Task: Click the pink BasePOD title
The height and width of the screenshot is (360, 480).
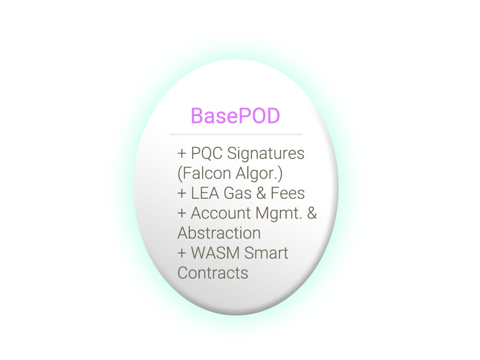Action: (x=235, y=116)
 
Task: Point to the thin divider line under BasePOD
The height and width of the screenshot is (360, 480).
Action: (x=236, y=134)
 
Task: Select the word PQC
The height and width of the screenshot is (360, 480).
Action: (x=206, y=153)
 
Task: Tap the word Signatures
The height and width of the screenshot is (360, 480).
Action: (x=265, y=154)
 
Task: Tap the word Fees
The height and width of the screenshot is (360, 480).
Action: (x=288, y=193)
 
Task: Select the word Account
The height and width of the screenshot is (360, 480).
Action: (x=221, y=213)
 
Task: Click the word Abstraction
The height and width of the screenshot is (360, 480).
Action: (x=219, y=233)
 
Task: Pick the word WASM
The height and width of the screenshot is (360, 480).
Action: (x=215, y=253)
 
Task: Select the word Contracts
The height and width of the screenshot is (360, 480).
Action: (x=213, y=273)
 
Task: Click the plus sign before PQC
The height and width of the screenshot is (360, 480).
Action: (x=182, y=154)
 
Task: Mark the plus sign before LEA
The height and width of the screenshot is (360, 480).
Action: (x=182, y=193)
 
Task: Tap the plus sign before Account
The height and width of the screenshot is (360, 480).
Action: (x=182, y=214)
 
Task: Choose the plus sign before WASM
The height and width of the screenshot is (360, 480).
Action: (x=182, y=253)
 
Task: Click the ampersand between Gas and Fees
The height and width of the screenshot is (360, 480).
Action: (x=261, y=193)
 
